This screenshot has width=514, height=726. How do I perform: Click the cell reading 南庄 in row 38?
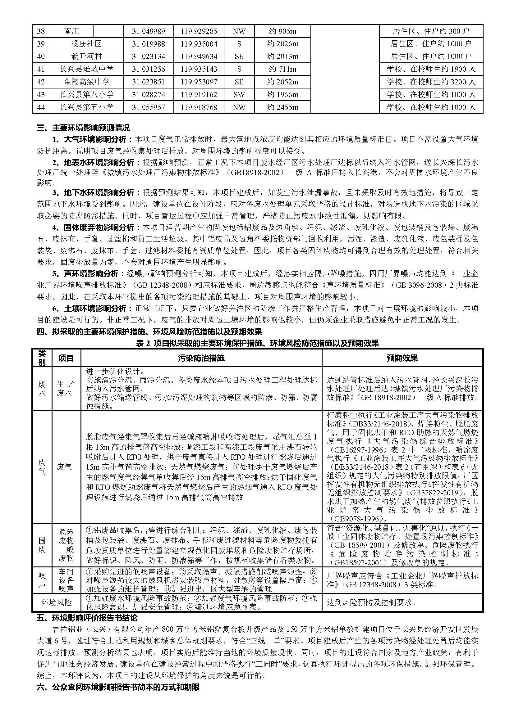click(71, 31)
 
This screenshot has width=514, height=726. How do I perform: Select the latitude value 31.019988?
click(148, 44)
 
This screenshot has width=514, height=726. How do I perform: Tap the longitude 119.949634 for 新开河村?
click(199, 56)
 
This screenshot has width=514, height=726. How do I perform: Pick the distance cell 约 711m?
click(282, 69)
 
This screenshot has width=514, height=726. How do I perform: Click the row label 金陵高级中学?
click(86, 82)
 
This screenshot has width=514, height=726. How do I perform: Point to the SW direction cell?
click(239, 95)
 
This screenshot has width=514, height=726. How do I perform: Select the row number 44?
click(41, 107)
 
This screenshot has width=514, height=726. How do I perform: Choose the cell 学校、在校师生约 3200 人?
click(431, 82)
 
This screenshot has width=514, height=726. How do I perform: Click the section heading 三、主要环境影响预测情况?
click(83, 128)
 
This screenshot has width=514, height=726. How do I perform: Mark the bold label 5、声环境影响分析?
click(89, 273)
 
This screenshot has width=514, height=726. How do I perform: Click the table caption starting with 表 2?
click(257, 343)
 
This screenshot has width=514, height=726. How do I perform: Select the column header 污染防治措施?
click(201, 358)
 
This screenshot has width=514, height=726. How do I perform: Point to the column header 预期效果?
click(402, 358)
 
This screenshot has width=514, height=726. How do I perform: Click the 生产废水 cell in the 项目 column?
click(66, 389)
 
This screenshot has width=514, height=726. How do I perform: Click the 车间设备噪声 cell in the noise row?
click(66, 580)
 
